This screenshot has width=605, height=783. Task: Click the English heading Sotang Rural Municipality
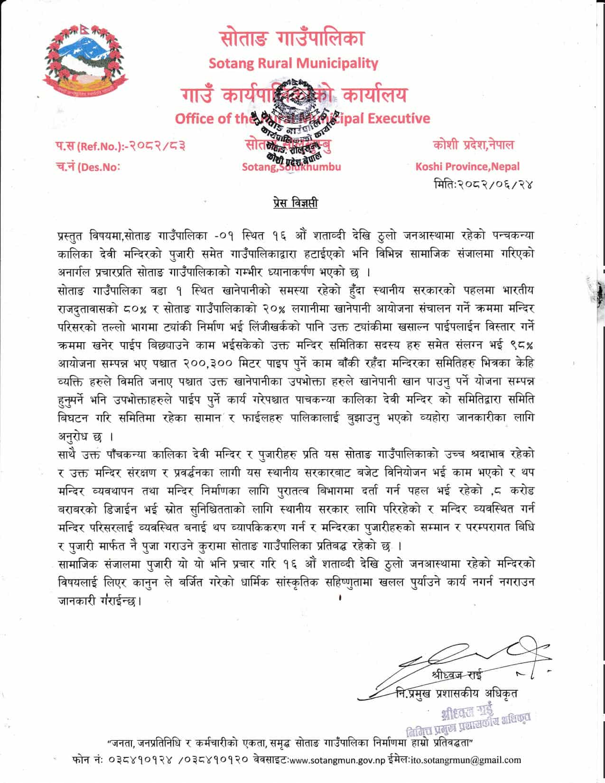coord(293,63)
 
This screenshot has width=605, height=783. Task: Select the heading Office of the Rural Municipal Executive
coord(302,118)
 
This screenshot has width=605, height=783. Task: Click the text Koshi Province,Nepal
coord(467,167)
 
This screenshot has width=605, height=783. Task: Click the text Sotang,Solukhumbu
coord(291,167)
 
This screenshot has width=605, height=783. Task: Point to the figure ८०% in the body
coord(136,309)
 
